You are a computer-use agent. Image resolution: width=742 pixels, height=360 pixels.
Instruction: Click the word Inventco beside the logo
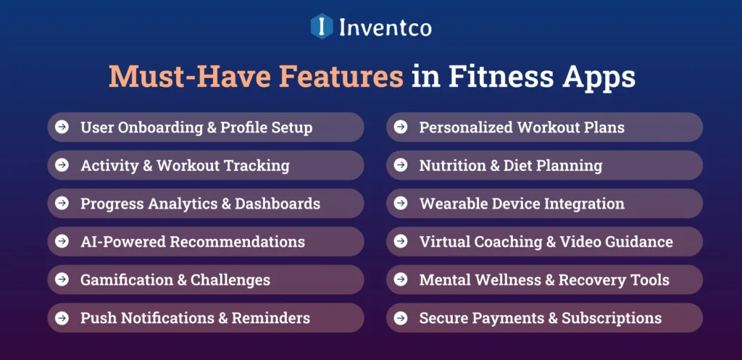(385, 28)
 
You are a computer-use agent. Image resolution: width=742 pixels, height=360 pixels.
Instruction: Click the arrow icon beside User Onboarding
(63, 127)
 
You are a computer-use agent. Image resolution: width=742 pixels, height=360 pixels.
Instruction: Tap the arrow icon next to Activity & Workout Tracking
(63, 165)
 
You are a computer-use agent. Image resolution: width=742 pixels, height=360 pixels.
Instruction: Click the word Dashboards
(277, 204)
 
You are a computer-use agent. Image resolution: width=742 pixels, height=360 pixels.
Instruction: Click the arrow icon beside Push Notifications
(63, 317)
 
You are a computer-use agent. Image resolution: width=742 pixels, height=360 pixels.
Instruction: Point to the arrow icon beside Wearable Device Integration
(401, 204)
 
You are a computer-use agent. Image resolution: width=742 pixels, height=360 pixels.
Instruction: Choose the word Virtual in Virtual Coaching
(444, 241)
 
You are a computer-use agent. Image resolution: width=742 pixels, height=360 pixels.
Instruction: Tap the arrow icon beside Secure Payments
(401, 317)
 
